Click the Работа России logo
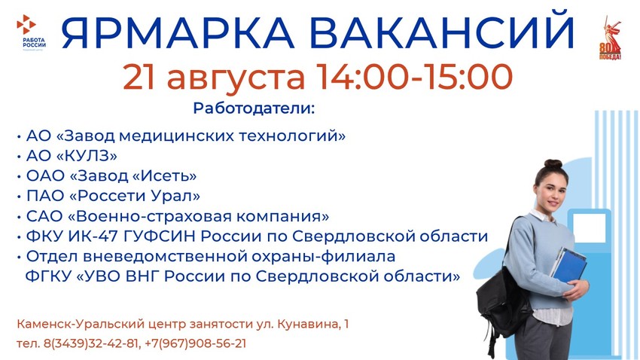click(31, 32)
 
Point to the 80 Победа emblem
click(610, 38)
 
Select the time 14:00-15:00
click(414, 77)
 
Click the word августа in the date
click(236, 78)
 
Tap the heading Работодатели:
click(254, 108)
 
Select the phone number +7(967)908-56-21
click(196, 343)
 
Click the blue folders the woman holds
click(568, 265)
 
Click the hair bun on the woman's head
click(553, 163)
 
